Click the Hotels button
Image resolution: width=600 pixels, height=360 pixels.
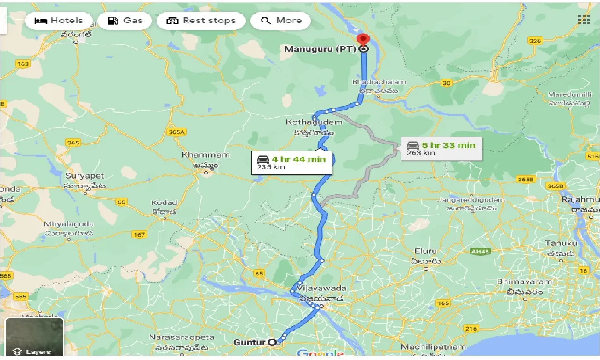click(58, 21)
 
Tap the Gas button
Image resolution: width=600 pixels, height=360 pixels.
click(125, 21)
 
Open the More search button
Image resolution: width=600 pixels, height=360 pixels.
click(281, 21)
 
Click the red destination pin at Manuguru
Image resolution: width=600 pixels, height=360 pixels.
click(363, 40)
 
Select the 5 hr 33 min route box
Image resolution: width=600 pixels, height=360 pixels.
click(441, 148)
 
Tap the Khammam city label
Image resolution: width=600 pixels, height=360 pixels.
click(206, 155)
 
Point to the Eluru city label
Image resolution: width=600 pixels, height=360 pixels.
click(425, 252)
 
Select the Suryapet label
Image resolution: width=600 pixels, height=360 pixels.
click(85, 176)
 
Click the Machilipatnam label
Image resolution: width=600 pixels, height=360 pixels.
click(433, 347)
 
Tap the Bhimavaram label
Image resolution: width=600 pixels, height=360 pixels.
click(524, 282)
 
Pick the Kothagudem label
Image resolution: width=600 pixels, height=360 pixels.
click(314, 122)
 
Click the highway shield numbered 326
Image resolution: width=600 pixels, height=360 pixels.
click(535, 41)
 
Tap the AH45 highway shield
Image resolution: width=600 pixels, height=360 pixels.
click(480, 252)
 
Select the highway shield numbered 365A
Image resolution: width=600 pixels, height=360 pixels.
click(176, 132)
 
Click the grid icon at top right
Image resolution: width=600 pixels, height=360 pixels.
click(584, 20)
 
